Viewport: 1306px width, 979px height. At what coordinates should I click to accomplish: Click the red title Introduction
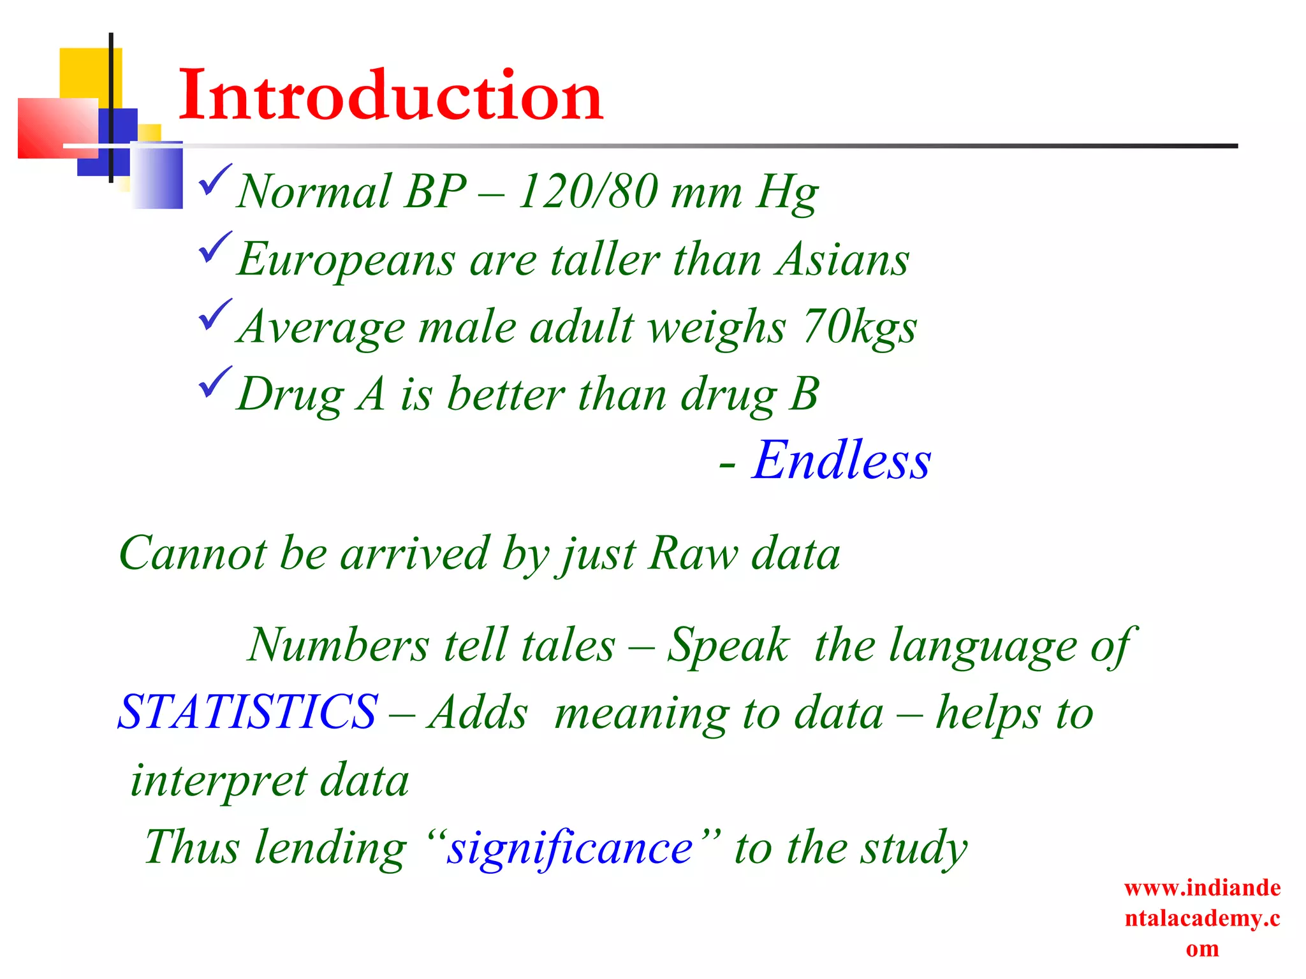point(390,96)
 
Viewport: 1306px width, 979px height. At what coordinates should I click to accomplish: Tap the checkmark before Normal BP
point(215,181)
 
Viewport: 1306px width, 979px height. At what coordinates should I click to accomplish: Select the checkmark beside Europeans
point(215,249)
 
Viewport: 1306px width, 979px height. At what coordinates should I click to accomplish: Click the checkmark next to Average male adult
point(215,315)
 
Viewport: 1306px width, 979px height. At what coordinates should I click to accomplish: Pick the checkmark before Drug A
point(215,382)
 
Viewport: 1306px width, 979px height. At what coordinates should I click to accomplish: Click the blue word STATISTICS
point(248,712)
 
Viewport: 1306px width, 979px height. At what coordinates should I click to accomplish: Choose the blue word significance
point(569,848)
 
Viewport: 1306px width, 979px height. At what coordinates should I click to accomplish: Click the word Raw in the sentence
point(693,553)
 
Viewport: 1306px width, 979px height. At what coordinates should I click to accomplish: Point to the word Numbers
point(338,645)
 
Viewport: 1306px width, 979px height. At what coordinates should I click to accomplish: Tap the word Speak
point(728,646)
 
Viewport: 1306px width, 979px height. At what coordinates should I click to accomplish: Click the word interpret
point(218,781)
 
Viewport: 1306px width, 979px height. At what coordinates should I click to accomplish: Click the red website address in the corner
point(1202,918)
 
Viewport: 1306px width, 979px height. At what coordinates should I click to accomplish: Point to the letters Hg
point(787,192)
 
